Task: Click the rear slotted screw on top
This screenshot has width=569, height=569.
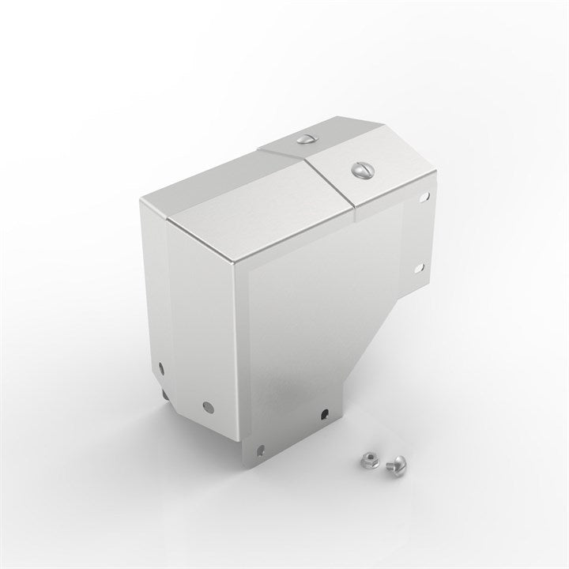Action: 306,139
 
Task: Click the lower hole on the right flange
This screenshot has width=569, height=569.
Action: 419,268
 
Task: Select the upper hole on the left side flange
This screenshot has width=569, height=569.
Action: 160,367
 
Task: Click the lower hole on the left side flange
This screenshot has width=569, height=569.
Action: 164,393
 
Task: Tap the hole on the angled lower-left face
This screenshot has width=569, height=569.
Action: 208,408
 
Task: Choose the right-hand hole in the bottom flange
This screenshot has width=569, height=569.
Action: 324,412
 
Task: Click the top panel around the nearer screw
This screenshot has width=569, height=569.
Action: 371,178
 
